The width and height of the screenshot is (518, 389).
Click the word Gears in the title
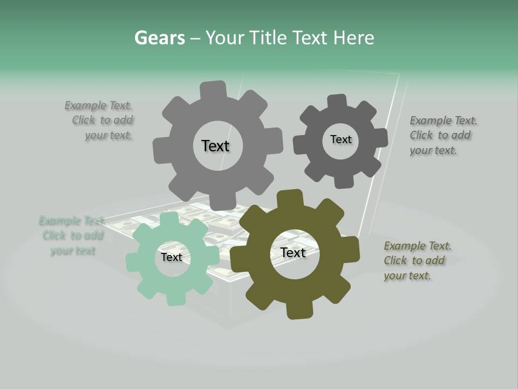click(x=160, y=38)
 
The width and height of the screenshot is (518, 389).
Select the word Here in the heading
click(x=353, y=38)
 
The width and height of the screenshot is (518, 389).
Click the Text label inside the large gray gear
click(x=215, y=146)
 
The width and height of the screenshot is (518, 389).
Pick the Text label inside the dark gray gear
click(x=340, y=139)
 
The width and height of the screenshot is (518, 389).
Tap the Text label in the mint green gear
click(x=172, y=257)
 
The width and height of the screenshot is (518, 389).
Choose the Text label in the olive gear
click(x=293, y=252)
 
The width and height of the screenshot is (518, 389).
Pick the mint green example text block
click(x=72, y=236)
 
